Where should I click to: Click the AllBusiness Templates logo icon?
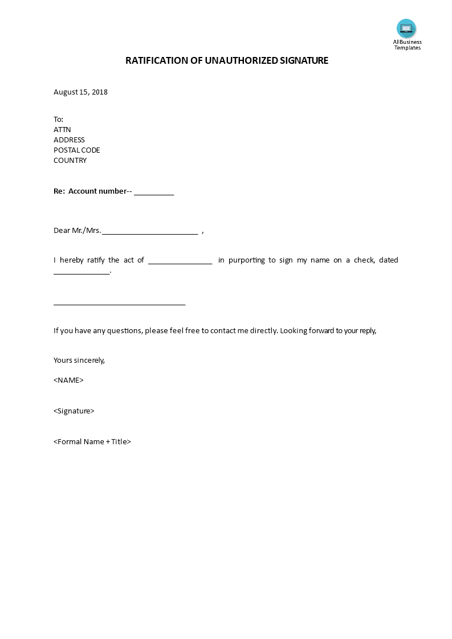click(x=406, y=28)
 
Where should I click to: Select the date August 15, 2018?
click(x=80, y=92)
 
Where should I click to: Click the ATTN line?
click(x=62, y=130)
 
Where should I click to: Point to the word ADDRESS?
click(x=69, y=140)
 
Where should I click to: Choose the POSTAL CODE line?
click(x=76, y=150)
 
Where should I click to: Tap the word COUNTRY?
click(x=70, y=161)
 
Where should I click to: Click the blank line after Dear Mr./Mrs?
click(x=150, y=232)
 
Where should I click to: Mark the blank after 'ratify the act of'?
click(x=180, y=261)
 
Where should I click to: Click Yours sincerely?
click(x=79, y=361)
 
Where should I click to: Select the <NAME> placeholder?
click(x=68, y=380)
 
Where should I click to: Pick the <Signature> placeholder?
click(x=74, y=411)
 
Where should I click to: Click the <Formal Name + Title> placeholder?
click(x=92, y=442)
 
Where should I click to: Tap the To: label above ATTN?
click(x=59, y=120)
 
